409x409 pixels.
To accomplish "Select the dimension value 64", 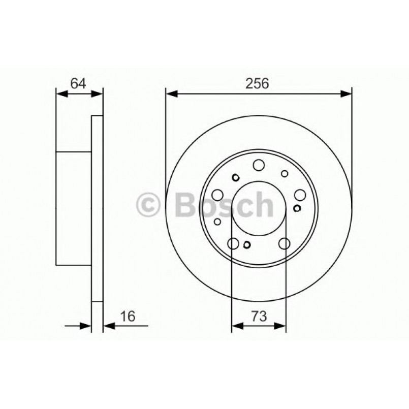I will (x=78, y=83).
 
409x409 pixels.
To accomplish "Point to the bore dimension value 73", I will (x=259, y=317).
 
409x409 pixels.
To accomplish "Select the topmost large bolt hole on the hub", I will (x=259, y=165).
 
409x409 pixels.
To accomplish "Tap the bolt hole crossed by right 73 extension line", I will (x=285, y=243).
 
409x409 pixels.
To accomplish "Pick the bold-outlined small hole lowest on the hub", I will (x=247, y=246).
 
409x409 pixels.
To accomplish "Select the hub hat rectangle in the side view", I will (x=74, y=208).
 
